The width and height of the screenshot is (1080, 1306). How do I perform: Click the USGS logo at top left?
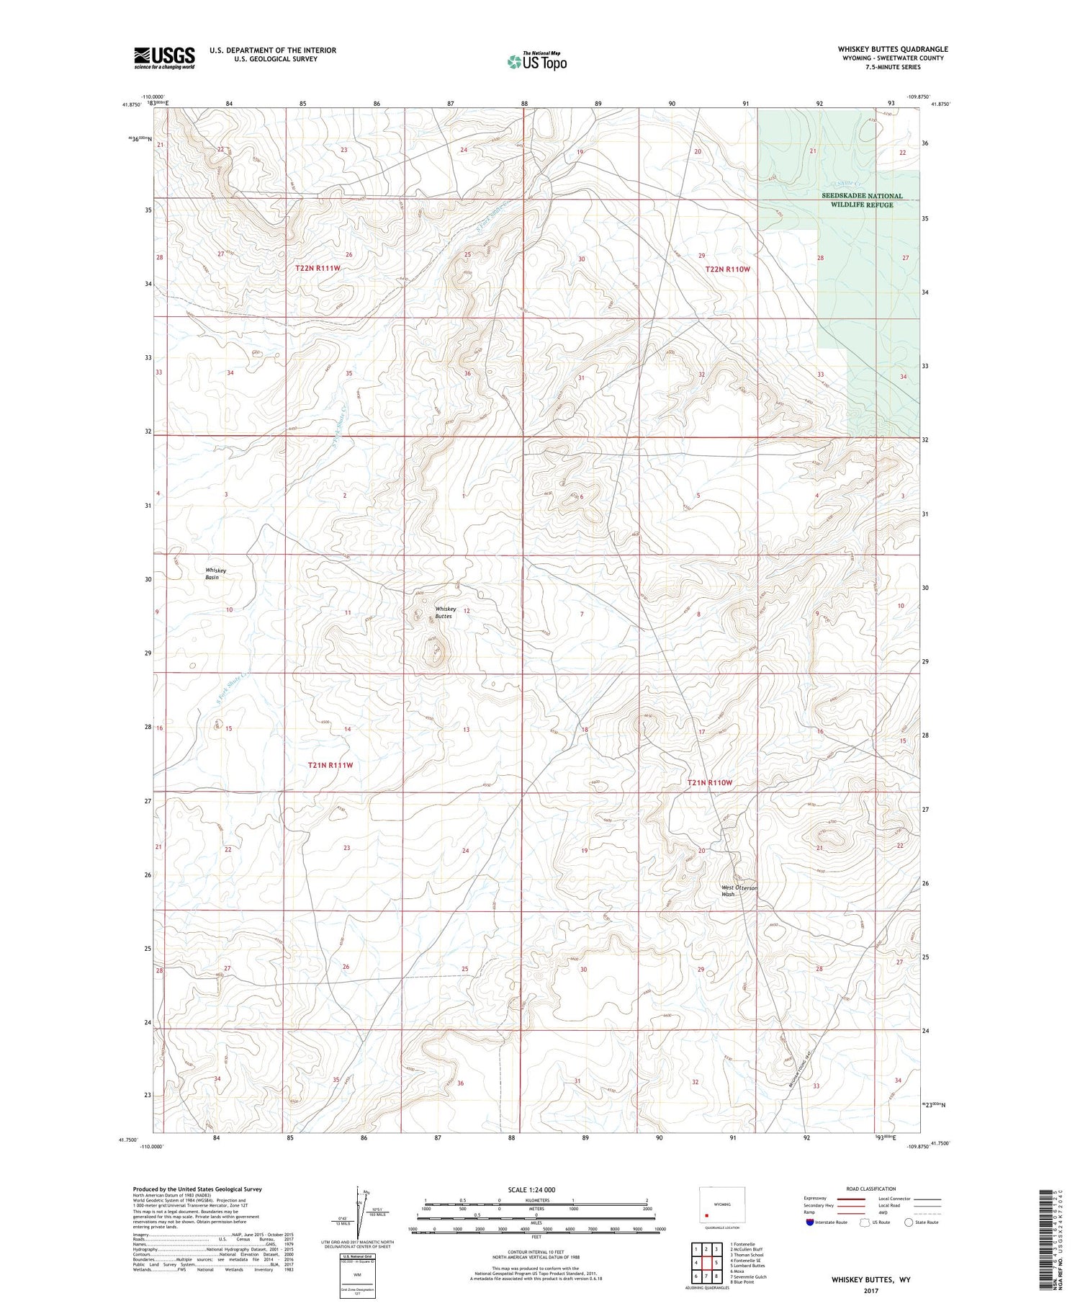pyautogui.click(x=164, y=58)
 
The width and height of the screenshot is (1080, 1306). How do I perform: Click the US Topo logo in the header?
pyautogui.click(x=536, y=61)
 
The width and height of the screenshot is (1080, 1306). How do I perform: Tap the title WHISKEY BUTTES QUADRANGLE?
pyautogui.click(x=892, y=49)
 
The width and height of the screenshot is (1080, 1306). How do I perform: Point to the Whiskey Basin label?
pyautogui.click(x=215, y=573)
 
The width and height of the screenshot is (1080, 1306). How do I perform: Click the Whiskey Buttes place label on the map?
pyautogui.click(x=444, y=612)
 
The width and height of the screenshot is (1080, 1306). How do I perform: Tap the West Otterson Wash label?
pyautogui.click(x=739, y=891)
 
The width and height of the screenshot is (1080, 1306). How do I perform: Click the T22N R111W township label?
pyautogui.click(x=318, y=268)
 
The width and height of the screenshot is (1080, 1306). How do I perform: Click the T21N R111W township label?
pyautogui.click(x=330, y=765)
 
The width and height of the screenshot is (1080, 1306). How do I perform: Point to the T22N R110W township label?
pyautogui.click(x=727, y=269)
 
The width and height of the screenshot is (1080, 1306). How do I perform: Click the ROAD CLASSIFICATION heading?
pyautogui.click(x=871, y=1189)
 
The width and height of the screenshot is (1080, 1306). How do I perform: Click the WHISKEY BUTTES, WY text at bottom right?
pyautogui.click(x=870, y=1279)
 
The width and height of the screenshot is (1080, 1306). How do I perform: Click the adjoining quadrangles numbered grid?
pyautogui.click(x=706, y=1263)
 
